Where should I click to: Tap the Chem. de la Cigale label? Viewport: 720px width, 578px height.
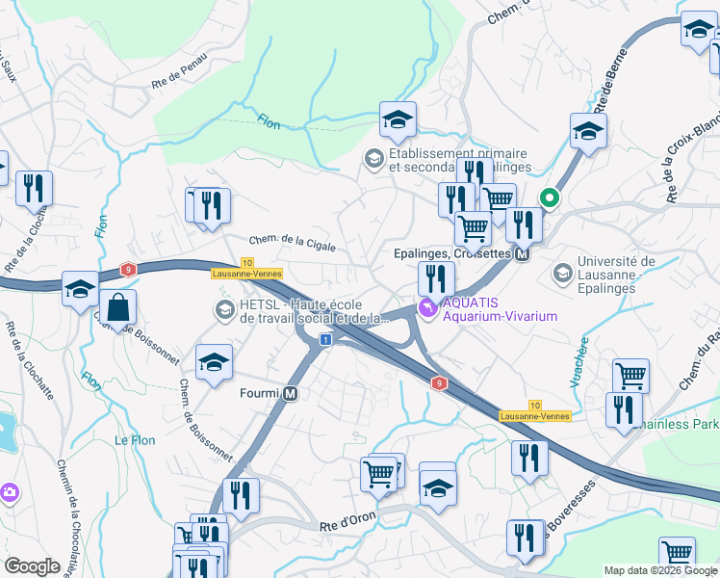point(293,244)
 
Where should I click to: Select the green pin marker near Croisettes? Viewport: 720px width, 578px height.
point(550,200)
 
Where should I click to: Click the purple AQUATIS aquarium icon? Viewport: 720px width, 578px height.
point(426,308)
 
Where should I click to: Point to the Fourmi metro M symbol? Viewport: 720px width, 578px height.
point(290,393)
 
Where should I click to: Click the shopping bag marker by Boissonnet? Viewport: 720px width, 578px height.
point(117,309)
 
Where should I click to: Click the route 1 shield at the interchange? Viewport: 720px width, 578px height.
point(325,340)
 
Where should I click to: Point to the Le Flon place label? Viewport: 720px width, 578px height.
point(135,440)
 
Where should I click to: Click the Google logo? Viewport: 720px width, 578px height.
point(32,566)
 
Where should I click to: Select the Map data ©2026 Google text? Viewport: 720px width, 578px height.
point(659,570)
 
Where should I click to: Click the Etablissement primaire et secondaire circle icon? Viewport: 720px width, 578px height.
point(373,157)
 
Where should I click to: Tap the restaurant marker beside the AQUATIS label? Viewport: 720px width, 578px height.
point(436,279)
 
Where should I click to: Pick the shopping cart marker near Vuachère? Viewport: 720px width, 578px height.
point(630,376)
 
